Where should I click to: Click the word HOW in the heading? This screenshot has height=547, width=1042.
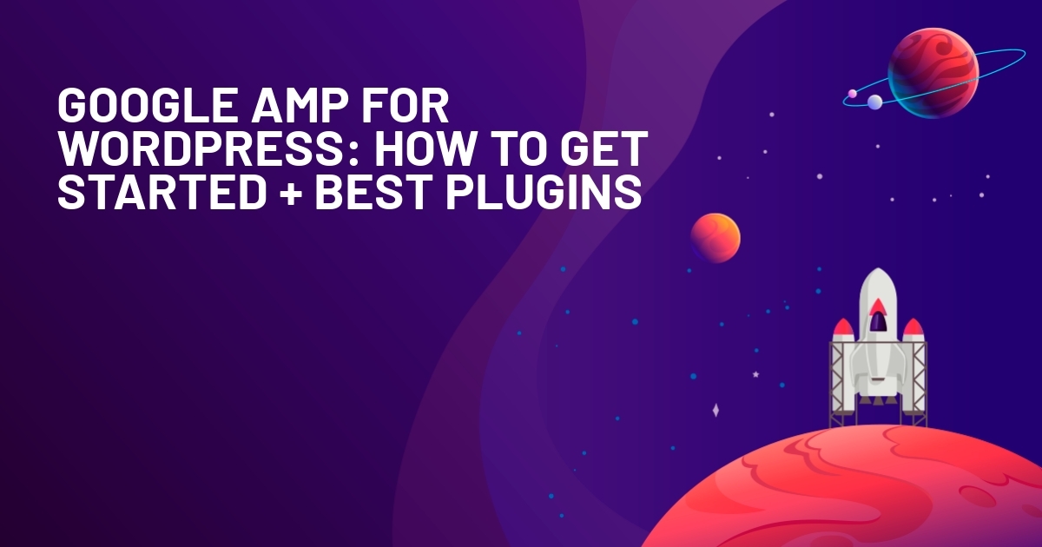(424, 148)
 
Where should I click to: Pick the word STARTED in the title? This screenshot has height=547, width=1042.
(162, 192)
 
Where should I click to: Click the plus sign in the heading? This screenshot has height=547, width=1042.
(291, 193)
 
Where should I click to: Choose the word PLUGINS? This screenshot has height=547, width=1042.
(544, 192)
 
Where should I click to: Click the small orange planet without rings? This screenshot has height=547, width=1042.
(715, 238)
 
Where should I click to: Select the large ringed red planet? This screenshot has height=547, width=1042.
(933, 73)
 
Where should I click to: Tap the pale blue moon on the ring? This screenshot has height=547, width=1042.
(874, 102)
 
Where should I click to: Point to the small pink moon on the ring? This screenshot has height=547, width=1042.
(852, 94)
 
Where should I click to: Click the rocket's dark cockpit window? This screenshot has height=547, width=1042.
(878, 322)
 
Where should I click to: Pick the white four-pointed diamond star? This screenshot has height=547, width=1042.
(716, 410)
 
